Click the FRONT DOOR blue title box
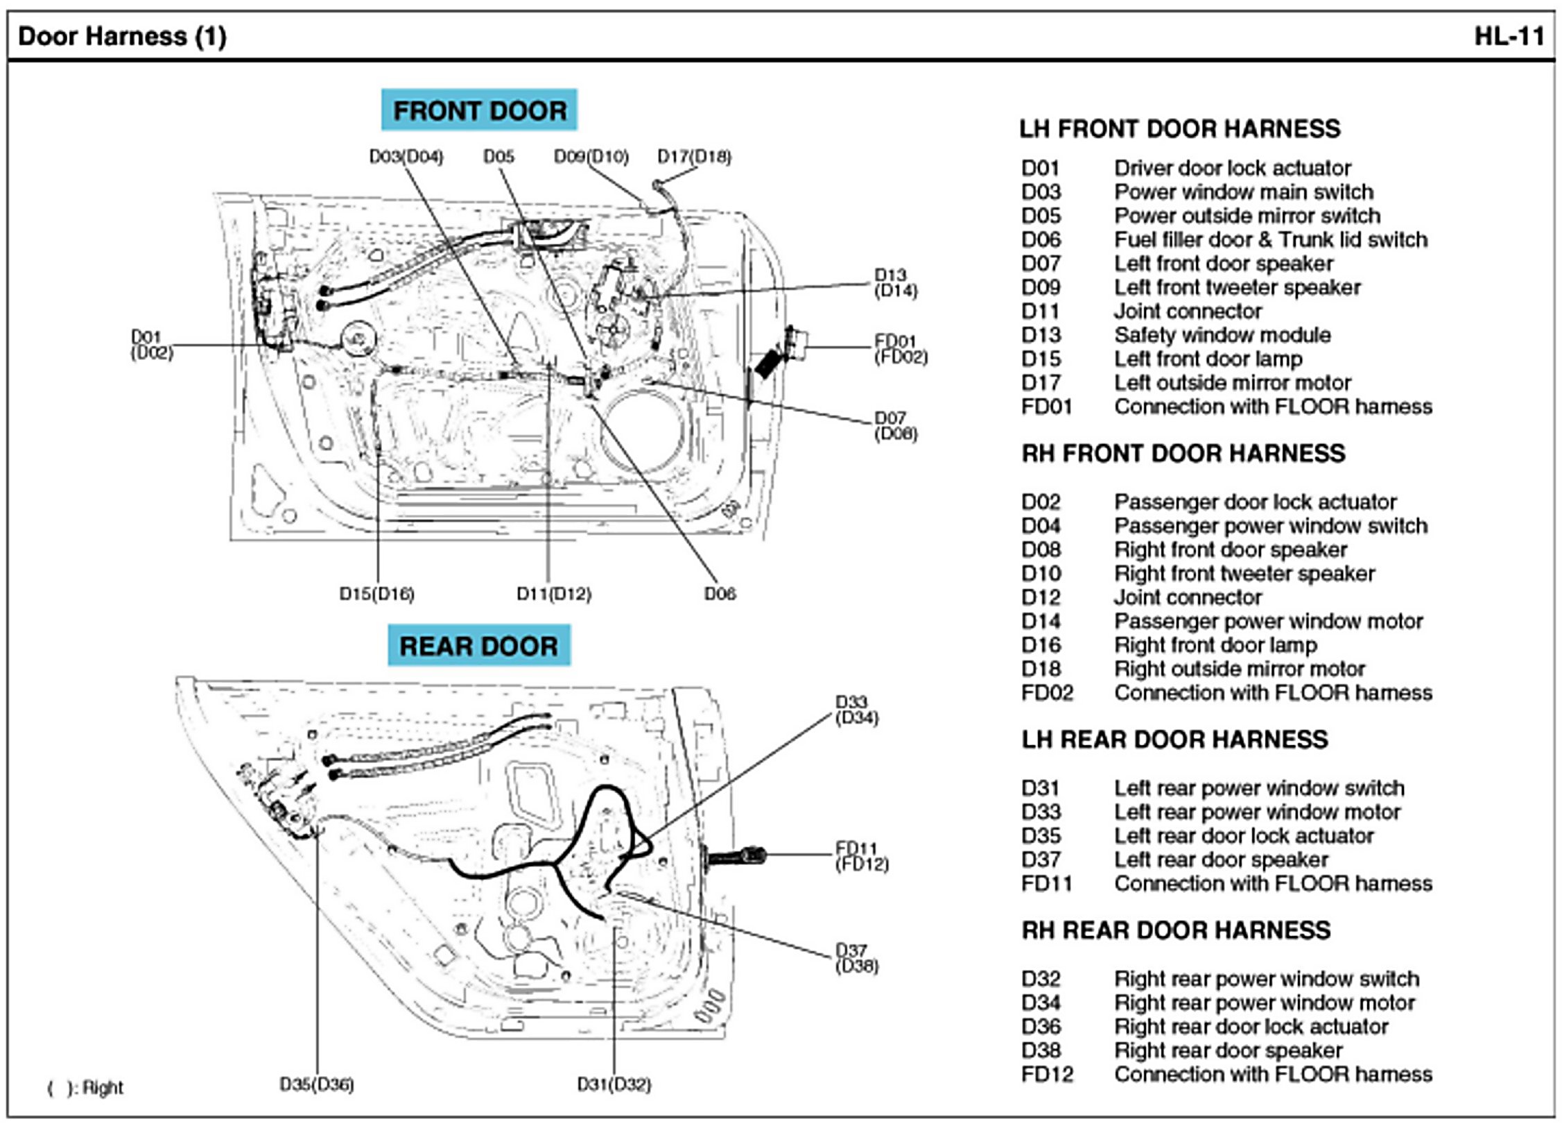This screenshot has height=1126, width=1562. (x=479, y=110)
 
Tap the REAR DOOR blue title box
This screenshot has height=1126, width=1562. (x=478, y=646)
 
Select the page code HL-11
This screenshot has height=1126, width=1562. (x=1509, y=36)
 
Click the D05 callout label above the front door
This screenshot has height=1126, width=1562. (x=498, y=157)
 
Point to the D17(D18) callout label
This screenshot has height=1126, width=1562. (x=694, y=157)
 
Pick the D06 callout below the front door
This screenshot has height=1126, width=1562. (x=720, y=594)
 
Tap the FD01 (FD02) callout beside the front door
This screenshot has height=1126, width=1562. (x=900, y=349)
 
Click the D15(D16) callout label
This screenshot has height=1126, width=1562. (x=376, y=594)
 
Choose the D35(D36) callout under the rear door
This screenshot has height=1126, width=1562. (x=317, y=1084)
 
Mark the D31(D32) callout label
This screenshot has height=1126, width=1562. (x=614, y=1084)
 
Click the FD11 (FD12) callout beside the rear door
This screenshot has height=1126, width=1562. (x=861, y=856)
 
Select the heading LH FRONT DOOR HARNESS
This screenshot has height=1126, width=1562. (x=1179, y=129)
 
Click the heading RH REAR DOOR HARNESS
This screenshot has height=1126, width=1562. (x=1176, y=930)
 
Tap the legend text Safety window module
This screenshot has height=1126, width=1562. (x=1222, y=335)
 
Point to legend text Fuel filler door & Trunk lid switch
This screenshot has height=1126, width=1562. (x=1271, y=239)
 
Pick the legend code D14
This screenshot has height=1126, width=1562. (x=1041, y=621)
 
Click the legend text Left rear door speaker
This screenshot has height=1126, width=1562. (x=1221, y=860)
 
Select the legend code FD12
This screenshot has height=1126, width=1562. (x=1047, y=1075)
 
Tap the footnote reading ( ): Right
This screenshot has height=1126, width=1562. (x=85, y=1088)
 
